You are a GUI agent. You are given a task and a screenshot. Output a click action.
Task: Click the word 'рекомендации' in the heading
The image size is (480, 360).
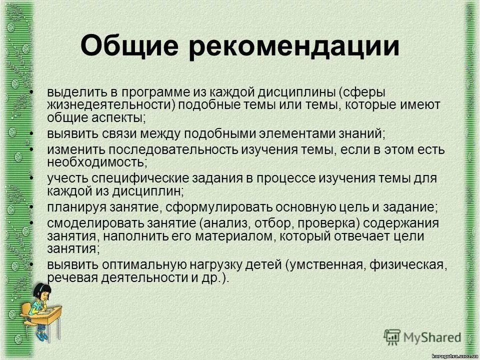click(295, 47)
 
